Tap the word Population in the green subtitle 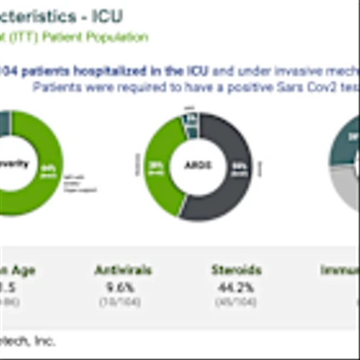coord(120,37)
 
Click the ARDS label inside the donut coord(199,165)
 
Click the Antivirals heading coord(123,271)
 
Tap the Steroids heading coord(236,271)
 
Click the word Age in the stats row coord(22,271)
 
